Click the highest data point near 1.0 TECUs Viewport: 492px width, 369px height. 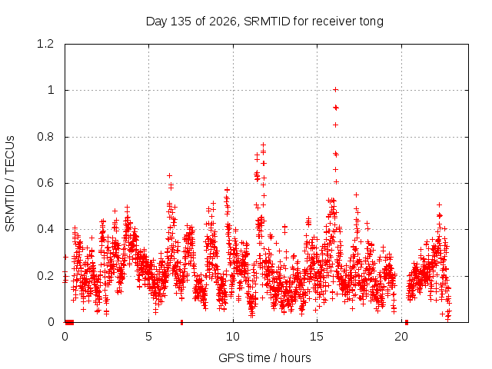point(335,90)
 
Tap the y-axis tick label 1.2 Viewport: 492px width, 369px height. point(45,44)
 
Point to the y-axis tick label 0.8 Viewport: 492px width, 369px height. point(45,137)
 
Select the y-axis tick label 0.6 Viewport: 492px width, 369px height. point(45,183)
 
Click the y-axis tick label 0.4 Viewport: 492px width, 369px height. point(45,229)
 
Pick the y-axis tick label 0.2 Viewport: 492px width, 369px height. point(45,276)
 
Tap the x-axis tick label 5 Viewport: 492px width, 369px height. point(148,337)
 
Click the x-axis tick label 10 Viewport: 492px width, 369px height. point(232,337)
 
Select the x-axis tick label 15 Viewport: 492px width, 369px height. point(317,337)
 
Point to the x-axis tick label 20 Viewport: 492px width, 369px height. point(401,337)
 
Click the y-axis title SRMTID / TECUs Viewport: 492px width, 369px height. point(10,184)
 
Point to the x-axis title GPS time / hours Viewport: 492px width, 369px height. point(264,357)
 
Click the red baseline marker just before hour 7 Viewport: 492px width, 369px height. point(181,323)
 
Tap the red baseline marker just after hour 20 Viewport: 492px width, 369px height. point(407,323)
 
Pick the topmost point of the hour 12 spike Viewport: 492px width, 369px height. point(263,145)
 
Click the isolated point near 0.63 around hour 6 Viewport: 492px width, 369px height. point(169,175)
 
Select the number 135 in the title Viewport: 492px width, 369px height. point(181,22)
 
